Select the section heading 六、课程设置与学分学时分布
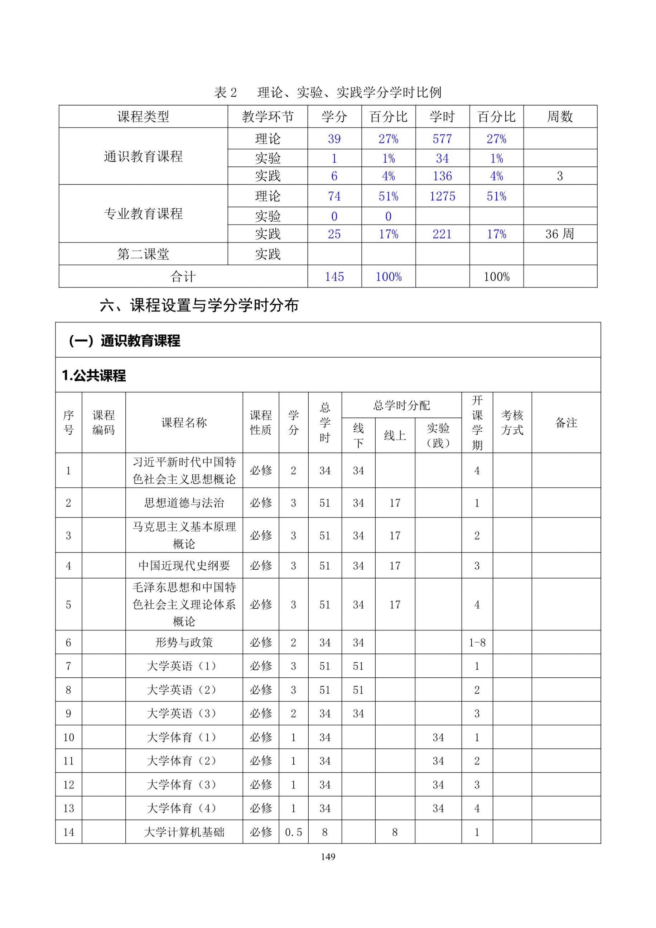[x=199, y=305]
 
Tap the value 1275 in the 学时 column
[x=442, y=197]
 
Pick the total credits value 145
[x=334, y=277]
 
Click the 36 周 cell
[x=560, y=234]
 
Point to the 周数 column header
[x=560, y=117]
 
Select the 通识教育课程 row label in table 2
[x=143, y=156]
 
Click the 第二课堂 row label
[x=143, y=254]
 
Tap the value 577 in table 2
[x=442, y=139]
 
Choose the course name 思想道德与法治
[x=184, y=503]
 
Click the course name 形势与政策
[x=184, y=643]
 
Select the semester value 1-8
[x=477, y=643]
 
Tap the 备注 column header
[x=566, y=423]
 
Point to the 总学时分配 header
[x=401, y=405]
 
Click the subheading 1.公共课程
[x=94, y=376]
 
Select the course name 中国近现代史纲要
[x=184, y=565]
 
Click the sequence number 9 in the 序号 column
[x=68, y=714]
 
